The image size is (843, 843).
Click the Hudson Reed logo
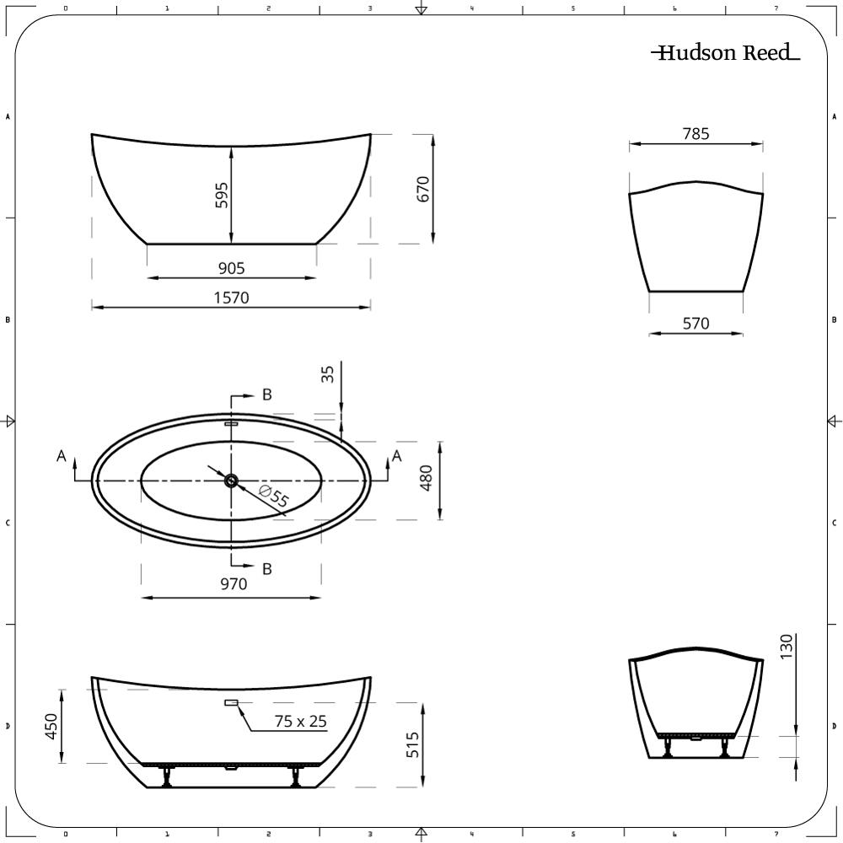(725, 53)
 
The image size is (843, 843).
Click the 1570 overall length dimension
(231, 297)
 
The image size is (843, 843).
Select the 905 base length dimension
(231, 268)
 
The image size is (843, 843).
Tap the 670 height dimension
(423, 189)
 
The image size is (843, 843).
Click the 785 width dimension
(695, 133)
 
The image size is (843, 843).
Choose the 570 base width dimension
(695, 323)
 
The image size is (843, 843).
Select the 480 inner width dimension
(427, 479)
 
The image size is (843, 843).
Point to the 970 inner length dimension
(234, 583)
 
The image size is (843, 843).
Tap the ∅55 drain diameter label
(274, 497)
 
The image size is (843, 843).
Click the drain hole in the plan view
(231, 481)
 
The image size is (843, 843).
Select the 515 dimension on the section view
(412, 744)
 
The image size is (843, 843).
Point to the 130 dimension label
(787, 647)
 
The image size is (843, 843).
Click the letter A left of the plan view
(61, 456)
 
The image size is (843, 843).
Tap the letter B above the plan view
(266, 395)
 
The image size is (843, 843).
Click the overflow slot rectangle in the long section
(231, 702)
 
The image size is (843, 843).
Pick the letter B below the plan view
(266, 569)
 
